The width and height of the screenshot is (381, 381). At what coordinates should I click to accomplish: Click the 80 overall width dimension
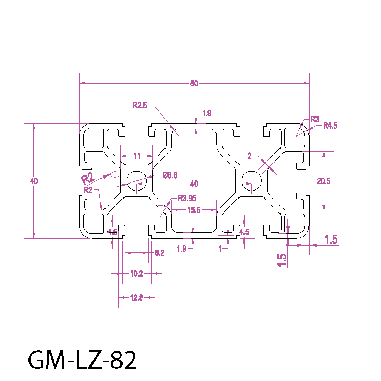coord(193,83)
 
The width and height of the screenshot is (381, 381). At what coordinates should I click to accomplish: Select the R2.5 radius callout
coord(140,105)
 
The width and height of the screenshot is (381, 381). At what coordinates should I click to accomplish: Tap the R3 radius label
coord(315,119)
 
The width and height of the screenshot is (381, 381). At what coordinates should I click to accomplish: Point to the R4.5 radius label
coord(329,126)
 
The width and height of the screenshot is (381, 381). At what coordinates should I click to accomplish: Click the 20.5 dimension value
coord(324,181)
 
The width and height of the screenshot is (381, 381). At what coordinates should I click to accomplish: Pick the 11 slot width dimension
coord(136,156)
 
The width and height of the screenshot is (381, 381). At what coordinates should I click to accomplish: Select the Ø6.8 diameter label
coord(170,175)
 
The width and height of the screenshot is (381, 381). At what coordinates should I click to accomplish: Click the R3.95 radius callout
coord(187,197)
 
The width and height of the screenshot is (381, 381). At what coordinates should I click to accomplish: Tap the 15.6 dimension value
coord(193,210)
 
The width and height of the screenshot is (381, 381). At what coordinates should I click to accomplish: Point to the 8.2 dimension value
coord(160,253)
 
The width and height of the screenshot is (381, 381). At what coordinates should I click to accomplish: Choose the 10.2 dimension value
coord(136,273)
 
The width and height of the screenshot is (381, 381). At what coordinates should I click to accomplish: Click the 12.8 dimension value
coord(136,297)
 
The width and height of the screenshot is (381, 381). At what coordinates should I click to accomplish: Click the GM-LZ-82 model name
coord(82,360)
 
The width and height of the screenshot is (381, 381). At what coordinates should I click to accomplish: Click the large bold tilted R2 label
coord(87,178)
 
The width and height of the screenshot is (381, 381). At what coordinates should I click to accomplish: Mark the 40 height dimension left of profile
coord(34,181)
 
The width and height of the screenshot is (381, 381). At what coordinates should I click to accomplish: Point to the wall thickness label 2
coord(249,156)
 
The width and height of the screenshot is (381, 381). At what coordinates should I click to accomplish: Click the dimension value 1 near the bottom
coord(220,248)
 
